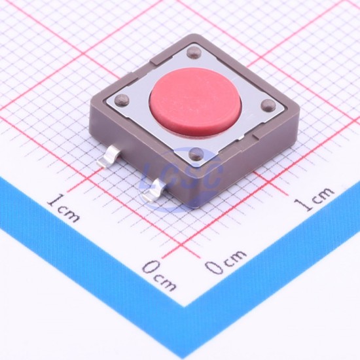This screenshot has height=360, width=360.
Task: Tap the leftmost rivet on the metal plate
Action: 122,99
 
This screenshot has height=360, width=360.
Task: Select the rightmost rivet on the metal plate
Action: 268,105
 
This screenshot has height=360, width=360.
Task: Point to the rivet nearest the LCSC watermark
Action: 196,154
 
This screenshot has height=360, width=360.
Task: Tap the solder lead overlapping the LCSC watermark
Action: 154,190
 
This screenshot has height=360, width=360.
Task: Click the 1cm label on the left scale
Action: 63,208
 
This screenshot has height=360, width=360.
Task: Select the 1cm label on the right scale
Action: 314,198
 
